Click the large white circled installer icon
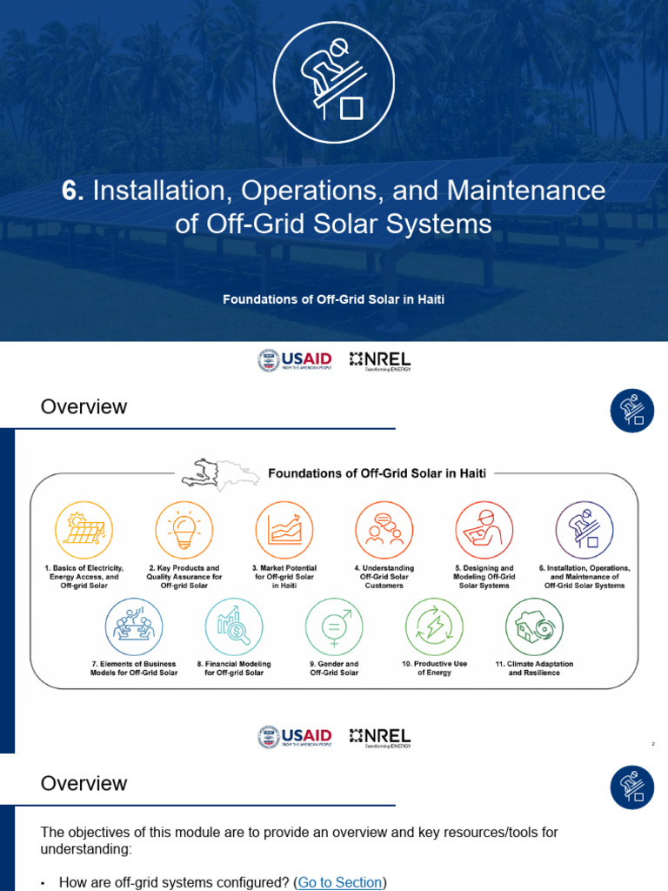[334, 83]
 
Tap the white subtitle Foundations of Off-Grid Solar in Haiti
[334, 299]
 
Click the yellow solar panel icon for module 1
[83, 529]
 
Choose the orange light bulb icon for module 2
[184, 529]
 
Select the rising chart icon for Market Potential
[284, 529]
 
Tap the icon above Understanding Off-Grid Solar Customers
[384, 529]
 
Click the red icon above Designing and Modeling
[484, 529]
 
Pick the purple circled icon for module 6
[584, 529]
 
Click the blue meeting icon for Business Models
[134, 626]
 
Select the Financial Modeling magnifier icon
[234, 626]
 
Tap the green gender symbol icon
[334, 626]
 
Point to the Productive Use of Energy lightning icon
[434, 626]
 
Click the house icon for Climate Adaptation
[534, 626]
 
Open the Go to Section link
[340, 882]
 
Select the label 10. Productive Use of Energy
[434, 668]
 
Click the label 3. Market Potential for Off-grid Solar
[284, 577]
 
